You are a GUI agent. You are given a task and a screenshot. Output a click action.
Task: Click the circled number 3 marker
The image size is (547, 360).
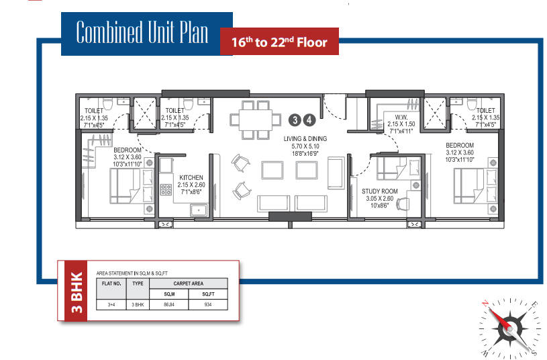(295, 120)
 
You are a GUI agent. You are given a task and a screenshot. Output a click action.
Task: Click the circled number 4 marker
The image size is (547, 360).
(309, 120)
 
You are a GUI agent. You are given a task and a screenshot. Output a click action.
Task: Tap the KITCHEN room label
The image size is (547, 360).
(191, 177)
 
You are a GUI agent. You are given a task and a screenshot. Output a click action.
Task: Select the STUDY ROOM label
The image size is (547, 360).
(380, 191)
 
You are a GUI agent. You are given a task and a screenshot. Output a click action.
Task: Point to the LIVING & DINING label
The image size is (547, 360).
(305, 138)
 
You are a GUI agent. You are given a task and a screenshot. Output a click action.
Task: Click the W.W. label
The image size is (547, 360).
(401, 117)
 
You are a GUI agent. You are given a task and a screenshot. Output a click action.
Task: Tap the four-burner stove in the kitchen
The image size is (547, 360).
(166, 189)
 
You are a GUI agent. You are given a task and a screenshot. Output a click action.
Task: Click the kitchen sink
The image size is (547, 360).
(199, 210)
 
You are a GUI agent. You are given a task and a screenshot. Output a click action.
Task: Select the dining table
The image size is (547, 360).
(256, 120)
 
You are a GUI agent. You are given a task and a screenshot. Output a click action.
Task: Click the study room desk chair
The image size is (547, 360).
(403, 204)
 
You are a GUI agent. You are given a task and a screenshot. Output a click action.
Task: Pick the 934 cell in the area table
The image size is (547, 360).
(208, 304)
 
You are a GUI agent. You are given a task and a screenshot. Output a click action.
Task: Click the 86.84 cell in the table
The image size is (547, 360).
(169, 304)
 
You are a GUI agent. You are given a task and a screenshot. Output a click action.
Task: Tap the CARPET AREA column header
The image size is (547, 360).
(189, 283)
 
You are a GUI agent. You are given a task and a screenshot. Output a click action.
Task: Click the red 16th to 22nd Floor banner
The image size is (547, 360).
(279, 42)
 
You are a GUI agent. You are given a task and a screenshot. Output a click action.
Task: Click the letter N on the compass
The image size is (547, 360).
(485, 304)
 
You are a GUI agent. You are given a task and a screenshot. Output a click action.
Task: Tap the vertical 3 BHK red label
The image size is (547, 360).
(76, 291)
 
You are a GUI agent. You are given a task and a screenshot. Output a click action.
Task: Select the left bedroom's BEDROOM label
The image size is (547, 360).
(128, 150)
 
